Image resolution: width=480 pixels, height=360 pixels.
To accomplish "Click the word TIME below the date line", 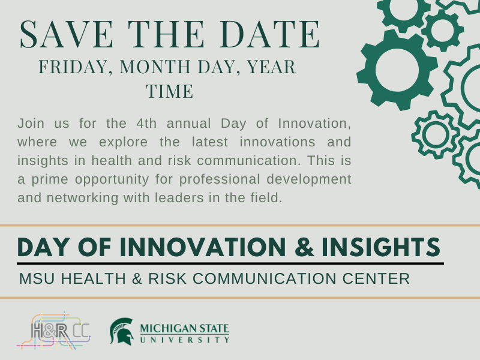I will [170, 92].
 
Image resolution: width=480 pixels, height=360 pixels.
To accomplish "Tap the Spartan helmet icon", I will [121, 331].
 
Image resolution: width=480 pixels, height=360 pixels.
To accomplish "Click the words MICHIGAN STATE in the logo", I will [184, 329].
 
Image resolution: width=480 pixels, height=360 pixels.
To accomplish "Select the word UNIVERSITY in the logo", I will [184, 340].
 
